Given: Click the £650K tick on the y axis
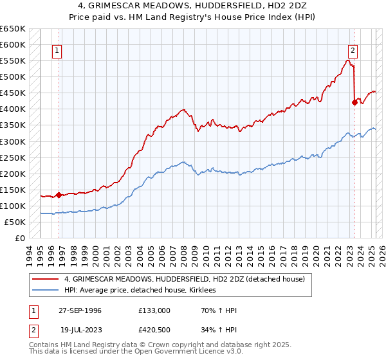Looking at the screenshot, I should [x=12, y=29].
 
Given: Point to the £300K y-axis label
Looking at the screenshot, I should [x=12, y=141].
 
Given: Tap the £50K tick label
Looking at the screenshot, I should [x=15, y=222].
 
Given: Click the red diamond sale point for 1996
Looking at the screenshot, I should [x=59, y=194].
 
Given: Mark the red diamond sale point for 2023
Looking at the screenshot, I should [x=354, y=102].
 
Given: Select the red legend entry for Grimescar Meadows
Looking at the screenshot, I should [x=188, y=280].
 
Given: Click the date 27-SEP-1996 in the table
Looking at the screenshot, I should [x=80, y=310].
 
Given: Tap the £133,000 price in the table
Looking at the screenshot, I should [x=154, y=310].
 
